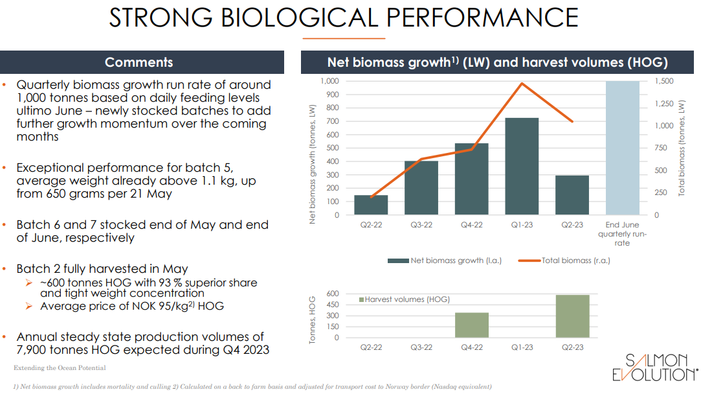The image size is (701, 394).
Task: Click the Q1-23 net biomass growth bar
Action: (x=522, y=166)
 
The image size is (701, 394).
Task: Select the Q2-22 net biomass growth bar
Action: (x=371, y=205)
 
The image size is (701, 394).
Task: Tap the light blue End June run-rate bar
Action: (x=622, y=148)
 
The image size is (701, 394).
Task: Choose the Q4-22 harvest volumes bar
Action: (x=472, y=325)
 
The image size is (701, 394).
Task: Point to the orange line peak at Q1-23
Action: (x=522, y=83)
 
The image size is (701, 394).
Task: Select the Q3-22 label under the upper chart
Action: (x=421, y=226)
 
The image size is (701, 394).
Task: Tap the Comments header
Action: (x=139, y=62)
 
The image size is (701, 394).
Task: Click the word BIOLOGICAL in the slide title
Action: (x=298, y=18)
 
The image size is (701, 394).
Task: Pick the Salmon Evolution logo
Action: (x=655, y=367)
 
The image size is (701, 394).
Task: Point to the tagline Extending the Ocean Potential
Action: (x=60, y=368)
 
